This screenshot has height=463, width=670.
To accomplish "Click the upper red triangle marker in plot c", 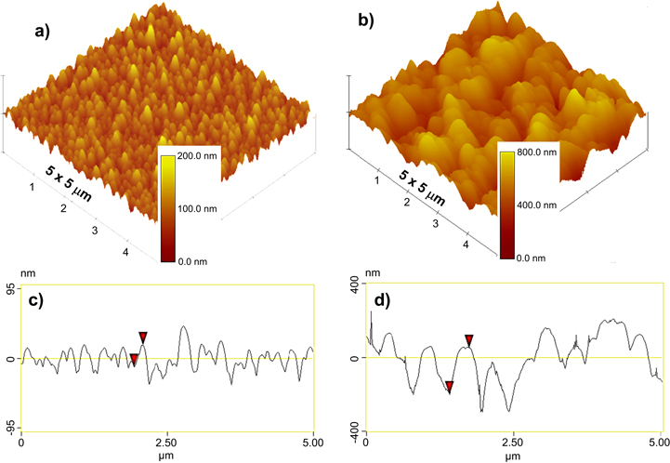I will tap(143, 337).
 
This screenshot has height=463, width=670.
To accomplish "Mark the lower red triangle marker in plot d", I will tap(449, 386).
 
